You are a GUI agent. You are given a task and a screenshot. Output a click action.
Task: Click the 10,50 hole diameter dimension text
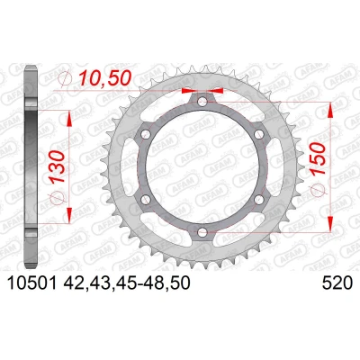tap(105, 78)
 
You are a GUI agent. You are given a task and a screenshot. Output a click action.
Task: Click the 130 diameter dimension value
tap(58, 166)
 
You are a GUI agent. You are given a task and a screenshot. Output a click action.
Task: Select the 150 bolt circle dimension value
tap(318, 158)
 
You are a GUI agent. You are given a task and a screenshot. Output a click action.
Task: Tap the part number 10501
tap(31, 283)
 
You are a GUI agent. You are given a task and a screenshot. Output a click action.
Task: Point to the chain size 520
tap(337, 283)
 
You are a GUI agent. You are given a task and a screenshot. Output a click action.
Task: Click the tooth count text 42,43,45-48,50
tap(126, 283)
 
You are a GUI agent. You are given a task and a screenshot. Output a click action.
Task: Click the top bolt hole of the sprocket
tap(202, 102)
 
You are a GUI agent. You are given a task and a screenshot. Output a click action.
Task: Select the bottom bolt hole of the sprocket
tap(202, 232)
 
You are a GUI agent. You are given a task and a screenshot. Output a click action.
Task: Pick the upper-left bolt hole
tap(146, 134)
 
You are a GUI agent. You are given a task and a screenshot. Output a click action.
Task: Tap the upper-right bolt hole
tap(258, 134)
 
